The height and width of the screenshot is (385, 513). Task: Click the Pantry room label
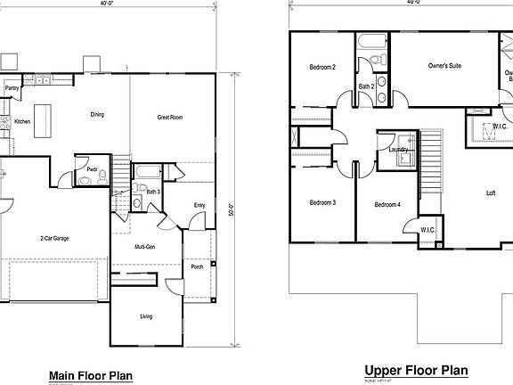click(12, 88)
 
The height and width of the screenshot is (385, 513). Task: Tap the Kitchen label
click(22, 121)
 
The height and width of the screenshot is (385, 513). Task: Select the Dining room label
click(97, 114)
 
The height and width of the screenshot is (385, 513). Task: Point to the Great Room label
click(170, 117)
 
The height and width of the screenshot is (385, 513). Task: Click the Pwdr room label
click(92, 168)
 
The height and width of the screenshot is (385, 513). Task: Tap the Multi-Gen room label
click(146, 246)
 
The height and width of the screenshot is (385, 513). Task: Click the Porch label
click(197, 266)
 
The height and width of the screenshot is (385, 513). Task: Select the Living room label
click(146, 315)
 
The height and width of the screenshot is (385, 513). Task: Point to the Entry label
click(199, 207)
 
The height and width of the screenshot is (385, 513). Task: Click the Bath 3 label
click(153, 192)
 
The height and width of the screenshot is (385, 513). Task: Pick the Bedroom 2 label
click(322, 67)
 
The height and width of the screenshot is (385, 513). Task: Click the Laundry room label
click(398, 150)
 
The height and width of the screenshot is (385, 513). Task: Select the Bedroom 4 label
click(387, 205)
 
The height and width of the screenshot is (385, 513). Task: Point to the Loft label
click(491, 193)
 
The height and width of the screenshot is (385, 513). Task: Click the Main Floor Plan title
click(90, 375)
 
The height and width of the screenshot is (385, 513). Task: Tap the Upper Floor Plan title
click(415, 370)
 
